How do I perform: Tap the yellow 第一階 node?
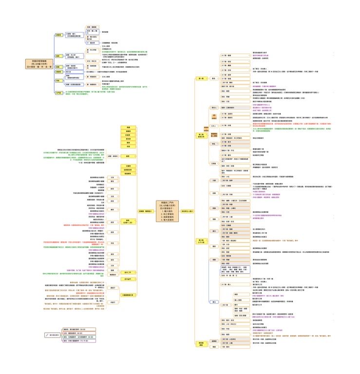click(x=201, y=78)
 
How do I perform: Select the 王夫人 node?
click(x=214, y=126)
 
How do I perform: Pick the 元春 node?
click(x=214, y=180)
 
